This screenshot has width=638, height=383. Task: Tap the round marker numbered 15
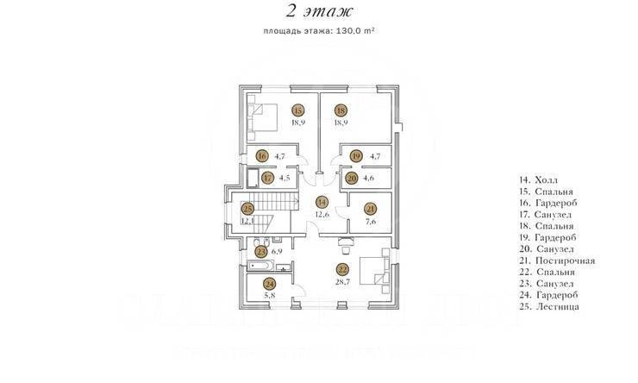coord(297,110)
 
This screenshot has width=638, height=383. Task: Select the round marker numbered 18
coord(341,110)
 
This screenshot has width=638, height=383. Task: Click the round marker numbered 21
coord(370,209)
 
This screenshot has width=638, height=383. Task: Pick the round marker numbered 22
coord(341,269)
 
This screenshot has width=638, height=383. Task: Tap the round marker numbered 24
coord(269,284)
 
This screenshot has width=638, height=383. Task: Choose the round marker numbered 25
coord(247,209)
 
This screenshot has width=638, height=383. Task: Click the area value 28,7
coord(341,282)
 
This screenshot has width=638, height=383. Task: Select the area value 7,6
coord(370,221)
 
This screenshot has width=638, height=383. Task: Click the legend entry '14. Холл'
coord(539,180)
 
